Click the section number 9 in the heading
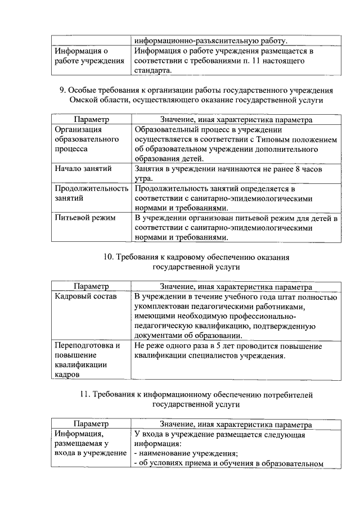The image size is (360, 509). click(x=62, y=91)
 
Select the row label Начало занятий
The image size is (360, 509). click(x=83, y=169)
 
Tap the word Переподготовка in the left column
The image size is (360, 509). click(x=87, y=345)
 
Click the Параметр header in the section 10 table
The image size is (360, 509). click(x=91, y=286)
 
